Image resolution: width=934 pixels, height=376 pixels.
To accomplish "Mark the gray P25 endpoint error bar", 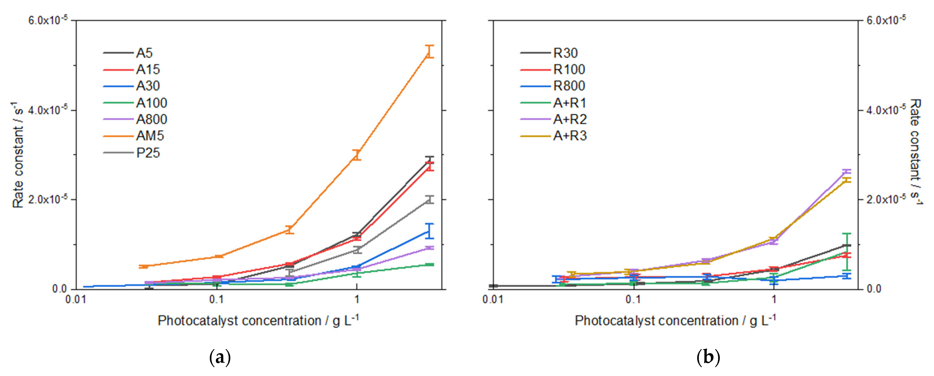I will click(429, 200).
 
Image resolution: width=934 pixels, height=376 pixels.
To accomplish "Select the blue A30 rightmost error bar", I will click(429, 231).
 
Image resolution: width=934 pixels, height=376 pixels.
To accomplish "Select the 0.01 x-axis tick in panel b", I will click(493, 299).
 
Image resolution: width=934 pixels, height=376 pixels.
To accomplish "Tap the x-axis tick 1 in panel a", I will click(357, 299).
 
